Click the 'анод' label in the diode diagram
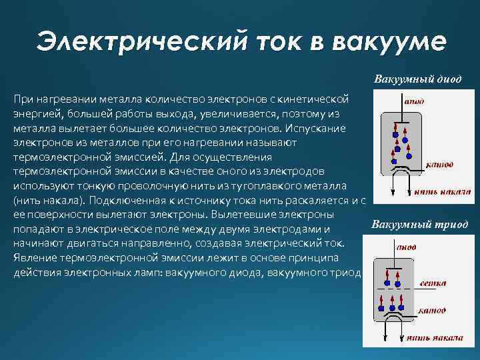pyautogui.click(x=413, y=102)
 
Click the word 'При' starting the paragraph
pyautogui.click(x=22, y=99)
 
